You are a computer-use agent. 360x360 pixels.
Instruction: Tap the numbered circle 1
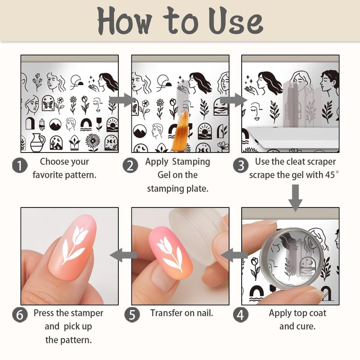(20, 165)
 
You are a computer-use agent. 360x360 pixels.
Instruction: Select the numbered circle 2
(130, 165)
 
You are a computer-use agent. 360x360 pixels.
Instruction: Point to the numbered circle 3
(241, 165)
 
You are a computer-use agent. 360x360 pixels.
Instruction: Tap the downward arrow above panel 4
(295, 196)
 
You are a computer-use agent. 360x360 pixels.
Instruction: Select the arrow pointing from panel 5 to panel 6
(124, 256)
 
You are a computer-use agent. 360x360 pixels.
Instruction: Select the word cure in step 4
(306, 326)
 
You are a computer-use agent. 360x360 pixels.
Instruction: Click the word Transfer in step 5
(167, 313)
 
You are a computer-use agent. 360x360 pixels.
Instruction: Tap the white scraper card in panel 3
(288, 137)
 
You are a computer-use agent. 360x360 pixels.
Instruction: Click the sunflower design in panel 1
(92, 142)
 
